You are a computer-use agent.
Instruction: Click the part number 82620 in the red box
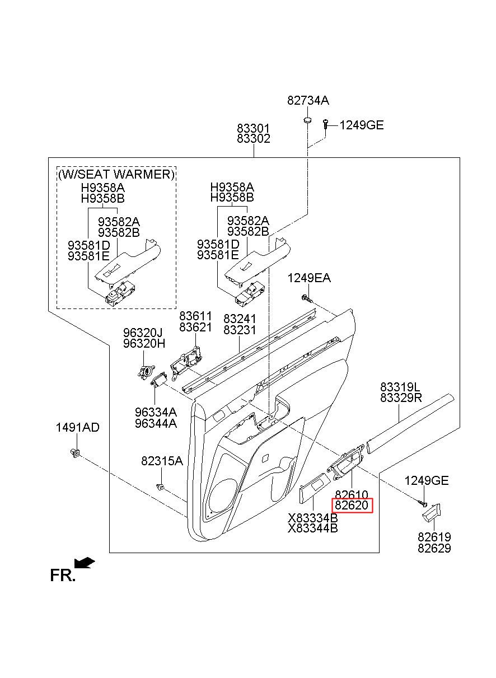[x=352, y=505]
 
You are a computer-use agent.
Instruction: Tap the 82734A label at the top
[x=308, y=100]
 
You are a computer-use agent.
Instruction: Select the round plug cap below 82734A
[x=307, y=120]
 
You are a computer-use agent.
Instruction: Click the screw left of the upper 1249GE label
[x=325, y=125]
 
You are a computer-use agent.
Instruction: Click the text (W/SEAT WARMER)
[x=116, y=174]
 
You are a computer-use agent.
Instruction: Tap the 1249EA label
[x=309, y=278]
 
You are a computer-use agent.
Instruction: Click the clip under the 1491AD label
[x=74, y=453]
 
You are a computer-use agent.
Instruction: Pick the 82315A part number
[x=162, y=461]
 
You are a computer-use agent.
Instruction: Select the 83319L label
[x=400, y=387]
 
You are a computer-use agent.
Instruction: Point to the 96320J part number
[x=143, y=333]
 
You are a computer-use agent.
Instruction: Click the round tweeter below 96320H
[x=146, y=371]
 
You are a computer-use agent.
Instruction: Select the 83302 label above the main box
[x=253, y=139]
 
